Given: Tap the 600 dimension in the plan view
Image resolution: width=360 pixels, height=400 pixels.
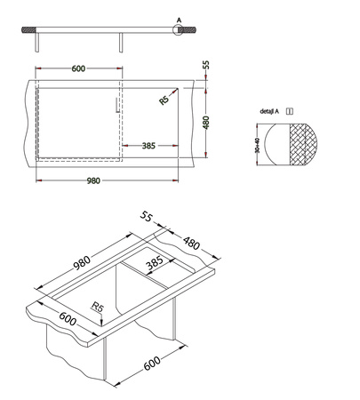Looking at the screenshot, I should tap(78, 70).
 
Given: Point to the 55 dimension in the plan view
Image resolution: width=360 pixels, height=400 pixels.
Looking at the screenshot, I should tap(205, 65).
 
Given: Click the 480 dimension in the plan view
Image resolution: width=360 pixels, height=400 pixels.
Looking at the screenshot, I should tap(205, 121).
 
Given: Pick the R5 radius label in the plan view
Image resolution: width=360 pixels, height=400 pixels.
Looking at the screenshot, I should tap(164, 100).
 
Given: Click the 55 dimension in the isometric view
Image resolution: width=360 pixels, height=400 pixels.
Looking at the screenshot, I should tap(147, 217).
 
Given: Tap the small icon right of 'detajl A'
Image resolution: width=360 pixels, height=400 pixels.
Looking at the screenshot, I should tap(290, 112).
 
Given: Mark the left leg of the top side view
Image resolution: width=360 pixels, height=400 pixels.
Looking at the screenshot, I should tap(36, 43).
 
